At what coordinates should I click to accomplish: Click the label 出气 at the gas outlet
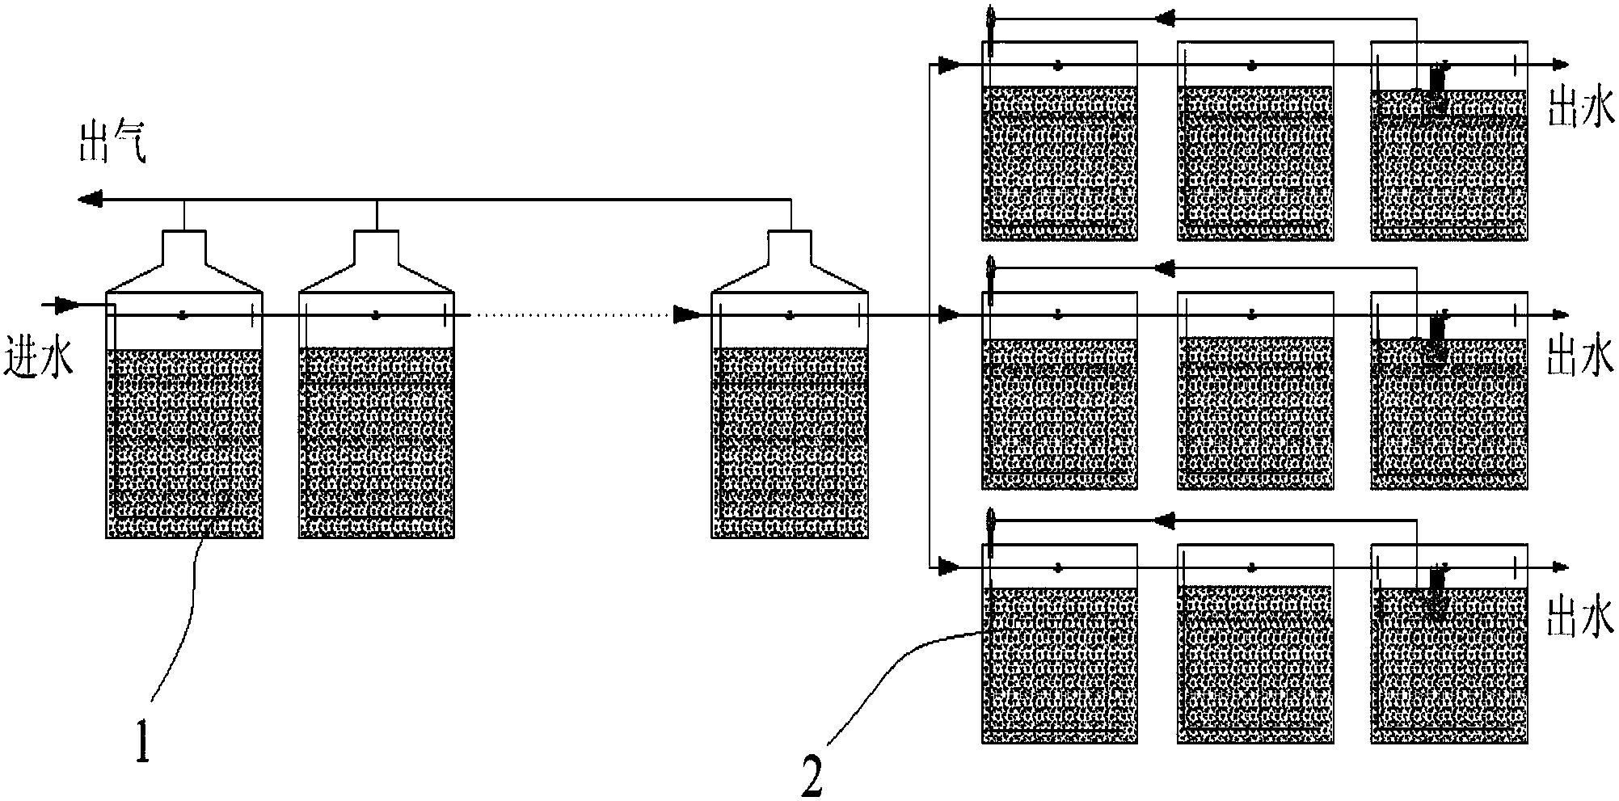click(x=112, y=143)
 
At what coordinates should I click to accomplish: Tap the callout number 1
click(x=143, y=742)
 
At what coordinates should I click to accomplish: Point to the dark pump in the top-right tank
click(x=1436, y=84)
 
